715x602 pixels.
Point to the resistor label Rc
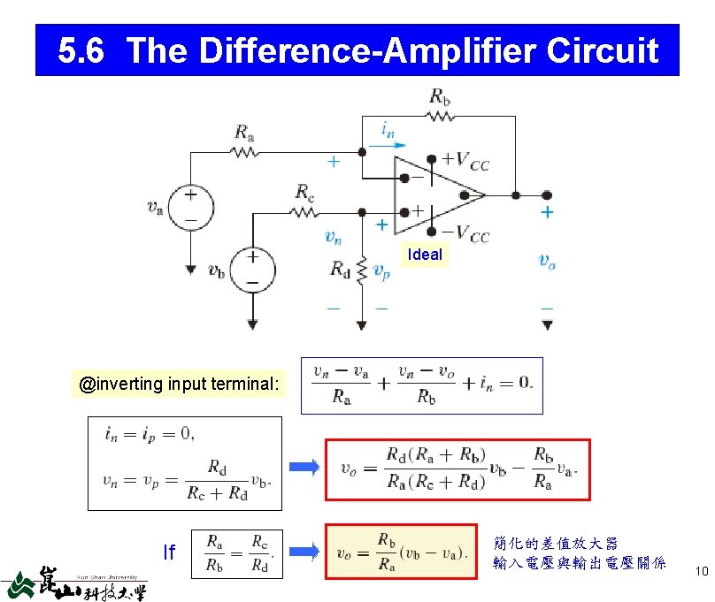coord(305,192)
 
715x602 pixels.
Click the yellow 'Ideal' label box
coord(424,255)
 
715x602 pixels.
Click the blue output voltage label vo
coord(547,260)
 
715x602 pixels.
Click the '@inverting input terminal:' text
coord(180,385)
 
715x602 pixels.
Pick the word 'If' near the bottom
coord(169,552)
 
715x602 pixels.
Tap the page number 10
coord(701,571)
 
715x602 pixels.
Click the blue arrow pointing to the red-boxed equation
coord(304,469)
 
